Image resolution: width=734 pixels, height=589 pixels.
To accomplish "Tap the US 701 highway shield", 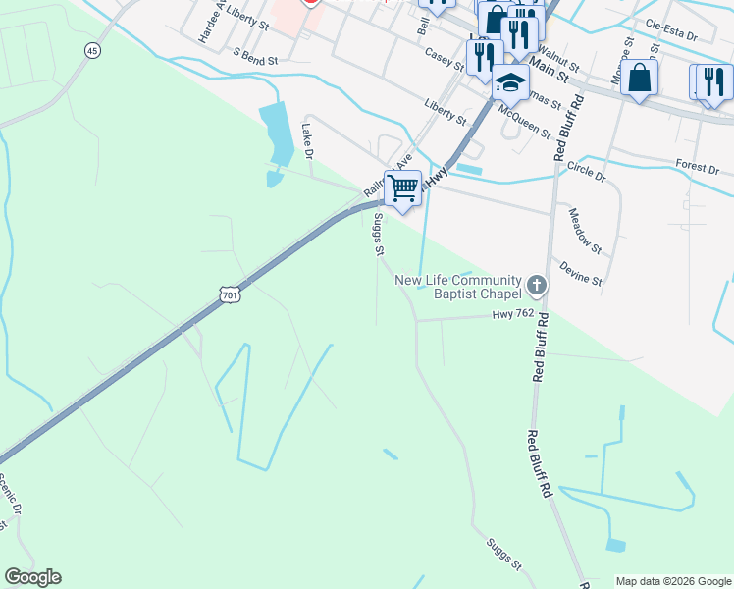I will click(229, 294).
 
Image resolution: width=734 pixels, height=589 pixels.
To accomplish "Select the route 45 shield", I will click(92, 50).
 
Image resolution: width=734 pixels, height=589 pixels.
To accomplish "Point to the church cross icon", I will click(536, 286).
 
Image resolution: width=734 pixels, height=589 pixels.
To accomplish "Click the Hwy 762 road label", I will click(512, 314).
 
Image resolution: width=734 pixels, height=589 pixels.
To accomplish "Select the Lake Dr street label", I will click(307, 141).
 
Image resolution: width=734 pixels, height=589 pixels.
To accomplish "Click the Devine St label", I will click(580, 273).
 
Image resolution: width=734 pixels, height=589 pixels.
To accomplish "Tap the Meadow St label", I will click(584, 229).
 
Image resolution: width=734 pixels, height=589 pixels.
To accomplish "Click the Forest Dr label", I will click(698, 166).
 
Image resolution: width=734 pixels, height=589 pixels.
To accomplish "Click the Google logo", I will click(32, 577).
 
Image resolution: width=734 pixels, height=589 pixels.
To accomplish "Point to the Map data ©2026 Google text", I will click(672, 580).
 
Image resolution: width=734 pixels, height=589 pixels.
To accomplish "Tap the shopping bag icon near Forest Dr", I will click(639, 79).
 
